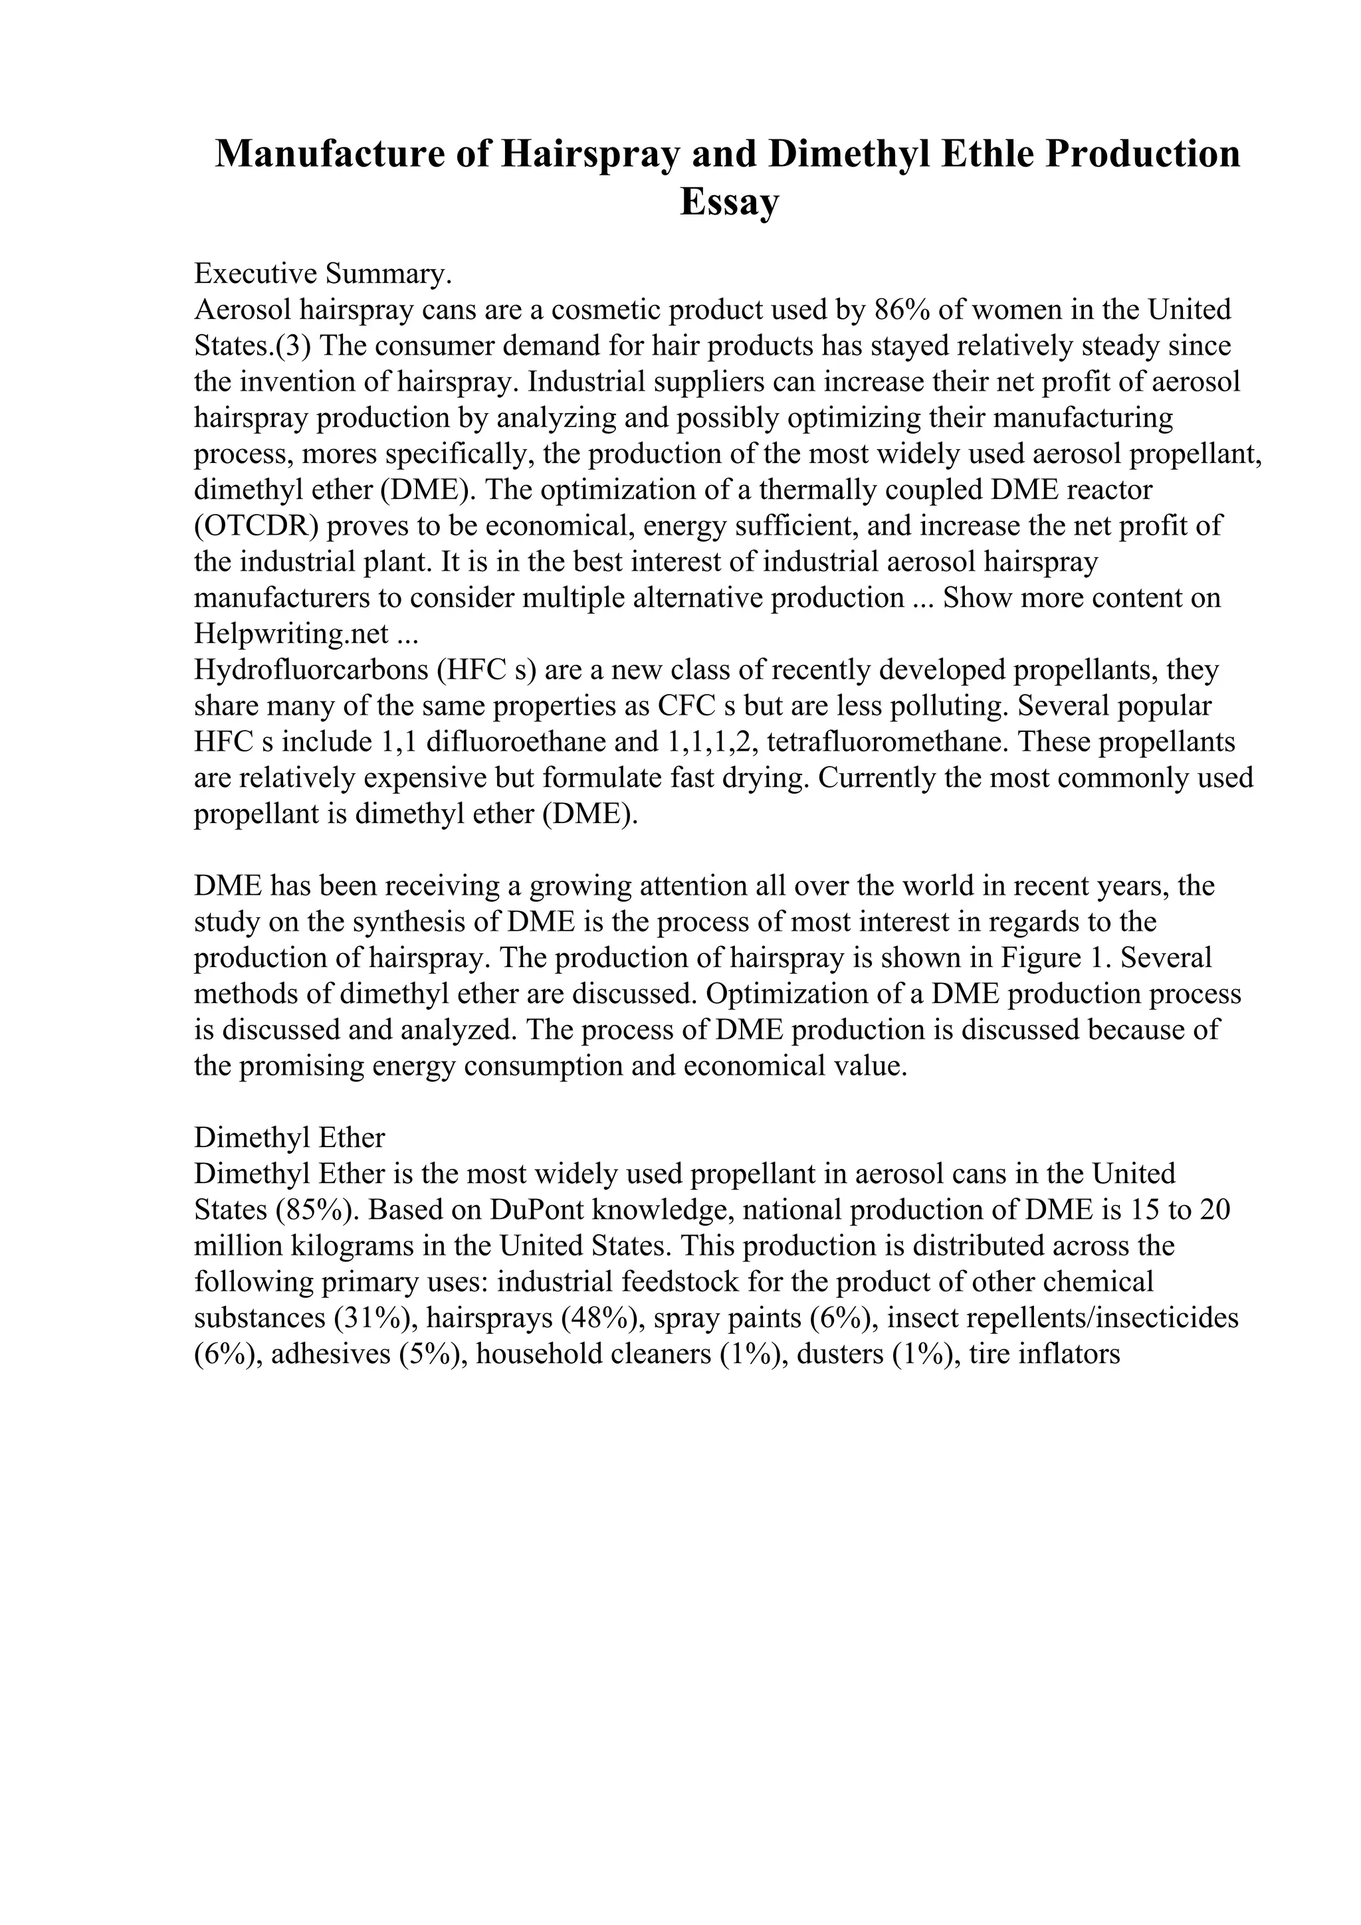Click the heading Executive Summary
coord(323,273)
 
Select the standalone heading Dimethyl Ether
coord(289,1138)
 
